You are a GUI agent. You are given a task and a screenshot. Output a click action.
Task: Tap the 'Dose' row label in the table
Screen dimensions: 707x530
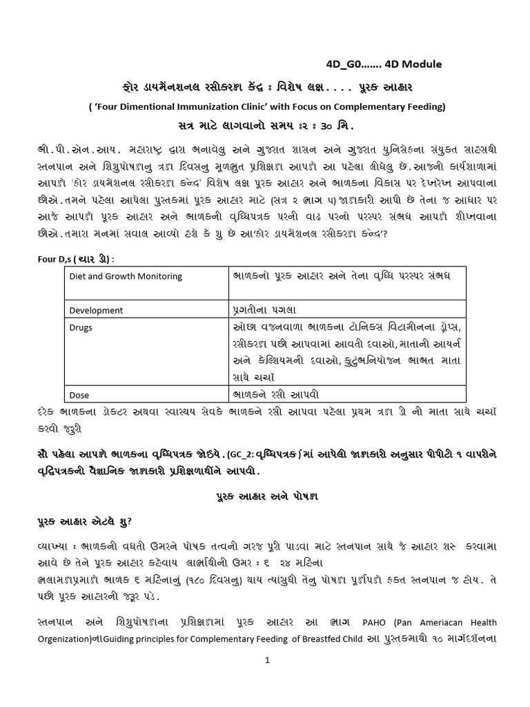point(81,395)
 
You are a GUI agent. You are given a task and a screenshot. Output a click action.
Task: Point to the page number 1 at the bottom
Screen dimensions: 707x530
point(265,661)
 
